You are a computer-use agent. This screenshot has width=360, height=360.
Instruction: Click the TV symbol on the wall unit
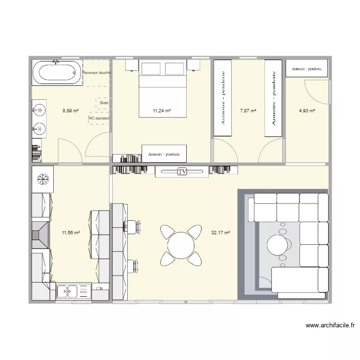click(x=182, y=171)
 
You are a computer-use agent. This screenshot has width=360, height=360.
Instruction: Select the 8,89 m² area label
click(x=71, y=111)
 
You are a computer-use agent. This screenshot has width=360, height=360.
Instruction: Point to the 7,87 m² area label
click(x=248, y=111)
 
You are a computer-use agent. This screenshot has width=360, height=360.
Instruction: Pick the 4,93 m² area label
click(x=307, y=111)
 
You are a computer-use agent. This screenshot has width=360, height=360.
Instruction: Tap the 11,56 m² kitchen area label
click(x=71, y=233)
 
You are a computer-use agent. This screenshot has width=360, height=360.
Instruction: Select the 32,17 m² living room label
click(x=220, y=233)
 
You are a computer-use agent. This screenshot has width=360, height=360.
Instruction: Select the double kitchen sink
click(x=68, y=291)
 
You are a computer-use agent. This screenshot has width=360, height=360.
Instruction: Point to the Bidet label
click(x=104, y=103)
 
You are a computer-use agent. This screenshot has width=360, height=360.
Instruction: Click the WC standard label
click(x=99, y=118)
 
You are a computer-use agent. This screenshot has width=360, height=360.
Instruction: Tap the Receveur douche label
click(x=97, y=73)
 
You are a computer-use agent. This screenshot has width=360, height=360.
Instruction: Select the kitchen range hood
click(x=40, y=234)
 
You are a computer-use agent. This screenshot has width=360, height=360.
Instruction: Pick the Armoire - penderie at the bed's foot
click(x=164, y=154)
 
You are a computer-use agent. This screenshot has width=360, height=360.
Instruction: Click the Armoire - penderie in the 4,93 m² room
click(x=307, y=69)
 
